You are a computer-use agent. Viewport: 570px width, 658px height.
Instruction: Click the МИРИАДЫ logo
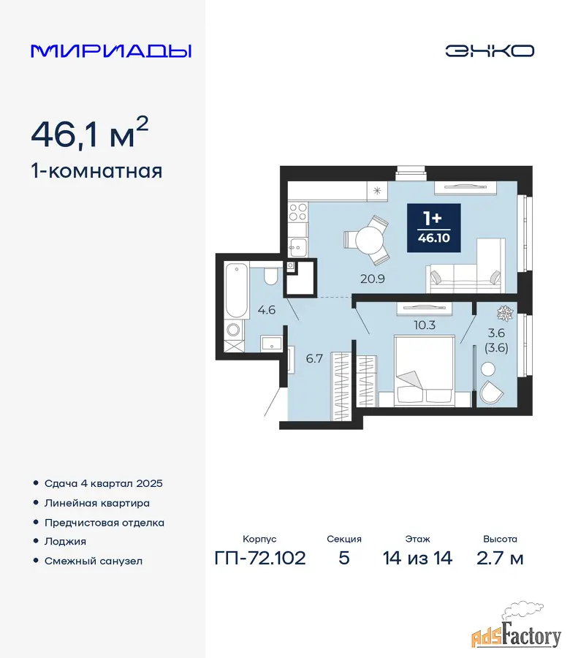[111, 50]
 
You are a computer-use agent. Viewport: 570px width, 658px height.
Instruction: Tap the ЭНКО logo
[490, 50]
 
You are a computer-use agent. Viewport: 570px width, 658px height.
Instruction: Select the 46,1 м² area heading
[90, 132]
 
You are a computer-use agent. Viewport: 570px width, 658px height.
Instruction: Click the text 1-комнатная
[96, 172]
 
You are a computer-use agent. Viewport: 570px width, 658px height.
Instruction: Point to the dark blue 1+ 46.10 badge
[433, 228]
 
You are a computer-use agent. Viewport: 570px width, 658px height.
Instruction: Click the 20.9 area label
[373, 279]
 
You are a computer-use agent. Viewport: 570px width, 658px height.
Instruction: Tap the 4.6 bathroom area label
[266, 310]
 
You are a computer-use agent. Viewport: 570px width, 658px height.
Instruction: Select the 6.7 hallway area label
[314, 358]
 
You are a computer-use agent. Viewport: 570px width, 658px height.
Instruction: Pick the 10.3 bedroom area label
[425, 325]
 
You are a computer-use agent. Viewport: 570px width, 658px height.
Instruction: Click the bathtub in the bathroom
[236, 290]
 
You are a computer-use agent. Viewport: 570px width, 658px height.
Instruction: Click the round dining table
[369, 240]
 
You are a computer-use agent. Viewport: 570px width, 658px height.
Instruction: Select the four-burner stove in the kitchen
[298, 212]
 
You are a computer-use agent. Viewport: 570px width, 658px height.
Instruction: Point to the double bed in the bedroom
[425, 370]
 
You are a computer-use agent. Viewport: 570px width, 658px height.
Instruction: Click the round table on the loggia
[488, 369]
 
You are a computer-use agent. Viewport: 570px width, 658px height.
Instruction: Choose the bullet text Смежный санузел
[94, 561]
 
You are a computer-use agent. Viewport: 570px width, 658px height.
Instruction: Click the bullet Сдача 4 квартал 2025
[104, 483]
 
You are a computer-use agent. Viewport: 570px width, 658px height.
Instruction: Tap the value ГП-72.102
[260, 558]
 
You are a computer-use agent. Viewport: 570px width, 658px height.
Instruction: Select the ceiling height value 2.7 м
[500, 558]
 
